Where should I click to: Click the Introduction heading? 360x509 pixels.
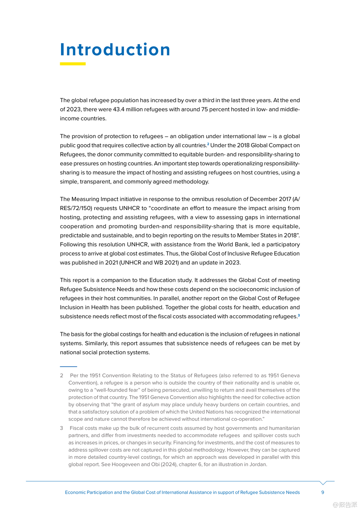pos(115,50)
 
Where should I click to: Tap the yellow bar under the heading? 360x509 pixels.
pos(73,64)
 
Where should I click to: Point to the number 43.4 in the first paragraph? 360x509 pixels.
pos(118,109)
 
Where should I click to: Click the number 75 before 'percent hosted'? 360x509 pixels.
pos(204,109)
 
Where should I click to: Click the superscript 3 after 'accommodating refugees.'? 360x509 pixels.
pos(299,315)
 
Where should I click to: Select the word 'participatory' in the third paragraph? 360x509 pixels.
pos(283,245)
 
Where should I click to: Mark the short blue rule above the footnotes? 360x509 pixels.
pos(69,367)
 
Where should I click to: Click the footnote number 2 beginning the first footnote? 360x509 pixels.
pos(61,376)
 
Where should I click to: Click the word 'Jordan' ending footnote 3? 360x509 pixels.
pos(258,465)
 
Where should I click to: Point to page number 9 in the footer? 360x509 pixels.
pos(323,492)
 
